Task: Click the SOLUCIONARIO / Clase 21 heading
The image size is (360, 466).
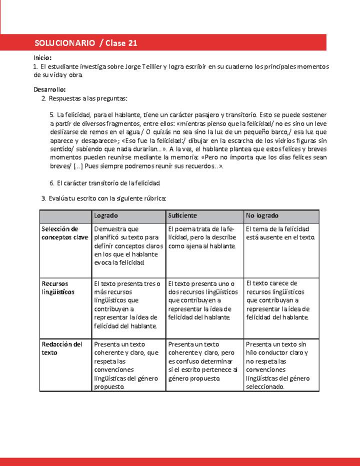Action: pyautogui.click(x=86, y=43)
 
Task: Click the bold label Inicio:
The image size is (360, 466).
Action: pyautogui.click(x=42, y=58)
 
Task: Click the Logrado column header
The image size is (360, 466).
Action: pyautogui.click(x=105, y=215)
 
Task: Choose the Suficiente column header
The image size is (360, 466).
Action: pyautogui.click(x=182, y=215)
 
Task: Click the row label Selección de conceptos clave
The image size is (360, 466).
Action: pyautogui.click(x=64, y=233)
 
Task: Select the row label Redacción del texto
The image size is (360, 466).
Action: pyautogui.click(x=62, y=348)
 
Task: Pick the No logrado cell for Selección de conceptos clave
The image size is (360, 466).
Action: pyautogui.click(x=280, y=233)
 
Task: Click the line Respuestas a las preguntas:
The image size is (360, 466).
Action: pyautogui.click(x=88, y=98)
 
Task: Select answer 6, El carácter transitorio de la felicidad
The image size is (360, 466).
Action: pyautogui.click(x=104, y=183)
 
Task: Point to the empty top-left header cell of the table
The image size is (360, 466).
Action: pyautogui.click(x=65, y=215)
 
